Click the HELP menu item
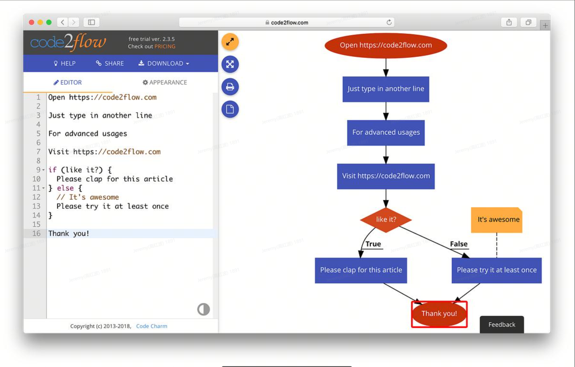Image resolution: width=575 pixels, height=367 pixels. [65, 63]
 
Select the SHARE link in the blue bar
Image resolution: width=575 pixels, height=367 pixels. [110, 63]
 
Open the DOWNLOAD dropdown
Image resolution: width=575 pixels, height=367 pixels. [164, 63]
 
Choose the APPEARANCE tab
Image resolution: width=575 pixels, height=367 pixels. [165, 82]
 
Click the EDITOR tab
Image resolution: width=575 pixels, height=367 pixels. [68, 82]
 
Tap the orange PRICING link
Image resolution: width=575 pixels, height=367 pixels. [165, 47]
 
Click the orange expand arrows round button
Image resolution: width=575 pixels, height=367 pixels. [230, 42]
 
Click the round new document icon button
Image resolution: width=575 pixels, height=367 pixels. [230, 109]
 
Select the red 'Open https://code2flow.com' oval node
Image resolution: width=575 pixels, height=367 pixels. [386, 45]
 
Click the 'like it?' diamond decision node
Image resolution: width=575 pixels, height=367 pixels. [386, 220]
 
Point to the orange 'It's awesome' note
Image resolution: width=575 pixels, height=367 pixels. [497, 220]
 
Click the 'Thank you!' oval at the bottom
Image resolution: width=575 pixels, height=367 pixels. [439, 314]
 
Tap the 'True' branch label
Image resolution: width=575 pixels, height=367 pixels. [373, 244]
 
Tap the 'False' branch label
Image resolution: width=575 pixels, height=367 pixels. [459, 244]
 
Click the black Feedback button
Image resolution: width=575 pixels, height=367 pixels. [502, 325]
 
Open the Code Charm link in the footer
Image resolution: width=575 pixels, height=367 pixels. [152, 326]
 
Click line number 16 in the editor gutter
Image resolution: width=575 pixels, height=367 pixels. [37, 233]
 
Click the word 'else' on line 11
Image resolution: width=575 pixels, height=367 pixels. [65, 188]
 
